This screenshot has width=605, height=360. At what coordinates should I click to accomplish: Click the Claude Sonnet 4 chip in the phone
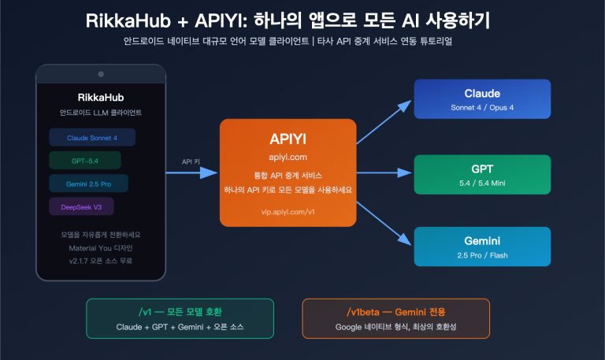(x=92, y=138)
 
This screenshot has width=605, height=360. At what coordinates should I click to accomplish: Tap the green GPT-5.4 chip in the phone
(x=84, y=161)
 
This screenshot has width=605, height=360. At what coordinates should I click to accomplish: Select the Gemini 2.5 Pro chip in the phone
(x=88, y=184)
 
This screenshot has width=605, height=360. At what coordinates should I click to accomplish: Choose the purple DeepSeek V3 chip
(x=81, y=206)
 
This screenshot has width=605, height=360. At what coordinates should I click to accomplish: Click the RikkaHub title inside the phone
(x=100, y=98)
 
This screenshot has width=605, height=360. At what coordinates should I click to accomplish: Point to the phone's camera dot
(x=100, y=74)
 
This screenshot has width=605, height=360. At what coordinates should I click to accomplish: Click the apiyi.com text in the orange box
(x=288, y=157)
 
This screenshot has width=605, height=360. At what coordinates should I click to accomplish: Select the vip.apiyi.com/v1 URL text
(x=288, y=211)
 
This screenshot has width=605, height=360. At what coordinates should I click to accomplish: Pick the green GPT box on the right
(x=482, y=174)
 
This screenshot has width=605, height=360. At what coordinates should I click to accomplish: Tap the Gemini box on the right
(x=482, y=246)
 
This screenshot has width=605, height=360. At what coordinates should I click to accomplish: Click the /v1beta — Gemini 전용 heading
(x=395, y=311)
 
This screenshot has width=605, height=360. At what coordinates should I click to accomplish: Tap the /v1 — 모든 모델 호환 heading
(x=179, y=311)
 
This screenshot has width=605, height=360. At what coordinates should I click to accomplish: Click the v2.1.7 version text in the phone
(x=100, y=260)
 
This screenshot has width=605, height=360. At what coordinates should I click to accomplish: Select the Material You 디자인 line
(x=100, y=247)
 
